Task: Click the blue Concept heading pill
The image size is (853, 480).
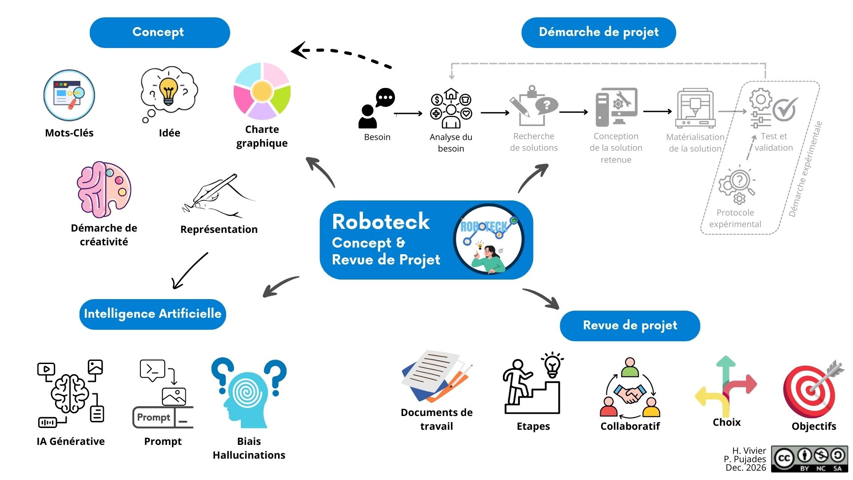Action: click(159, 32)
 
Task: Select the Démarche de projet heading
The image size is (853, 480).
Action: click(598, 32)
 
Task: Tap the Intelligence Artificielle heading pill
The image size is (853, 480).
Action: click(152, 314)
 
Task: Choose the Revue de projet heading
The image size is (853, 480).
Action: click(630, 325)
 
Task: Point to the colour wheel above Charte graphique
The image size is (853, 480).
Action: click(262, 91)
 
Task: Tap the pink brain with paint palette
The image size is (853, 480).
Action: click(104, 189)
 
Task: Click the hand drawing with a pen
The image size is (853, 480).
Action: click(218, 196)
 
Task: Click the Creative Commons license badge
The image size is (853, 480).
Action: click(809, 459)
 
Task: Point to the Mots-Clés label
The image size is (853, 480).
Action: click(69, 133)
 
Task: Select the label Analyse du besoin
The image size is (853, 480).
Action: click(451, 143)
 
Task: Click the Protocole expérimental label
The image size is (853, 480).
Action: click(735, 218)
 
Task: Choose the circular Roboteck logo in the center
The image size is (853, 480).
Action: click(489, 240)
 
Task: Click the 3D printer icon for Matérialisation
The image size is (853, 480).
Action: click(695, 108)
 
